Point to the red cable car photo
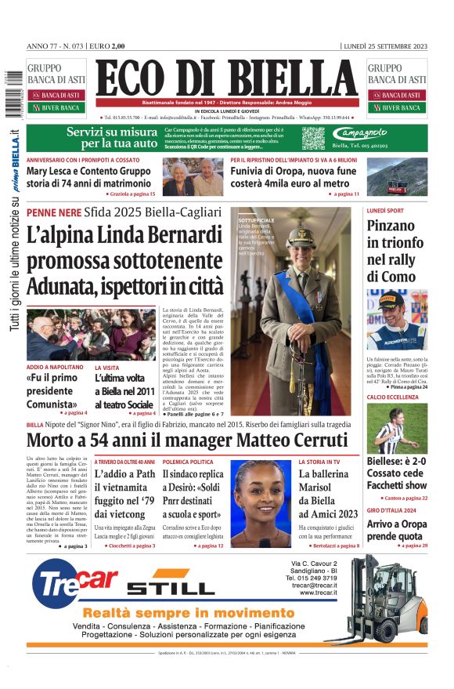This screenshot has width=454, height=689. point(407,180)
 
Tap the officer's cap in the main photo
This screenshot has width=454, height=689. point(300,234)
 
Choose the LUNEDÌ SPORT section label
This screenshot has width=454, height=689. point(385,211)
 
